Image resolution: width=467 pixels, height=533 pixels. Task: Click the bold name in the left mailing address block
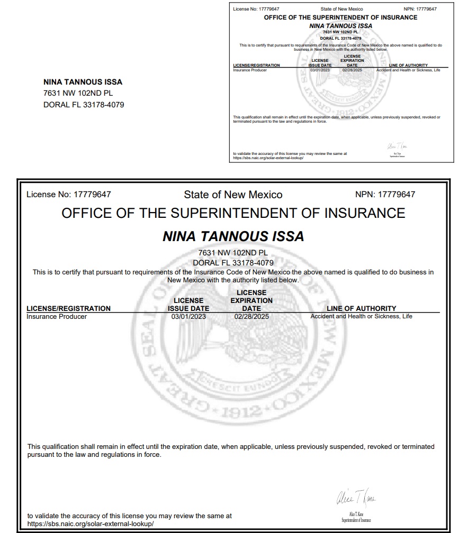83,82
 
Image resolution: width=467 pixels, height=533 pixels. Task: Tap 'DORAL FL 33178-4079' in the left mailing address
84,105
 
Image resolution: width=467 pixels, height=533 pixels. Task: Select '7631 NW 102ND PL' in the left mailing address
78,93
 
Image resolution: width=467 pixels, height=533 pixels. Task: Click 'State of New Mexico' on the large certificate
233,195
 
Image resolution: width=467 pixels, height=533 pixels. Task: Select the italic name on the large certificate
233,236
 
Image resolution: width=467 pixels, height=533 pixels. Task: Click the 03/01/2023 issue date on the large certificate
188,317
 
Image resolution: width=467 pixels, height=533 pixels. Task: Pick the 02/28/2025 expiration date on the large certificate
252,317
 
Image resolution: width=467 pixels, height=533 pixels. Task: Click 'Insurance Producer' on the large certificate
57,317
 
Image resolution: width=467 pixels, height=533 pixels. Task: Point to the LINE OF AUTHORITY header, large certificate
361,308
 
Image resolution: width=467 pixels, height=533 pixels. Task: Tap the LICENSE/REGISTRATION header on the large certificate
68,308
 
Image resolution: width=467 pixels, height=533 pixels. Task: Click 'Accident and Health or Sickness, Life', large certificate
361,317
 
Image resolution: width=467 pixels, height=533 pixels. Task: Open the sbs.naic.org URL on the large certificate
91,523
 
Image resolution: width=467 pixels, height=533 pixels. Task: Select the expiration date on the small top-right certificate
352,70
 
